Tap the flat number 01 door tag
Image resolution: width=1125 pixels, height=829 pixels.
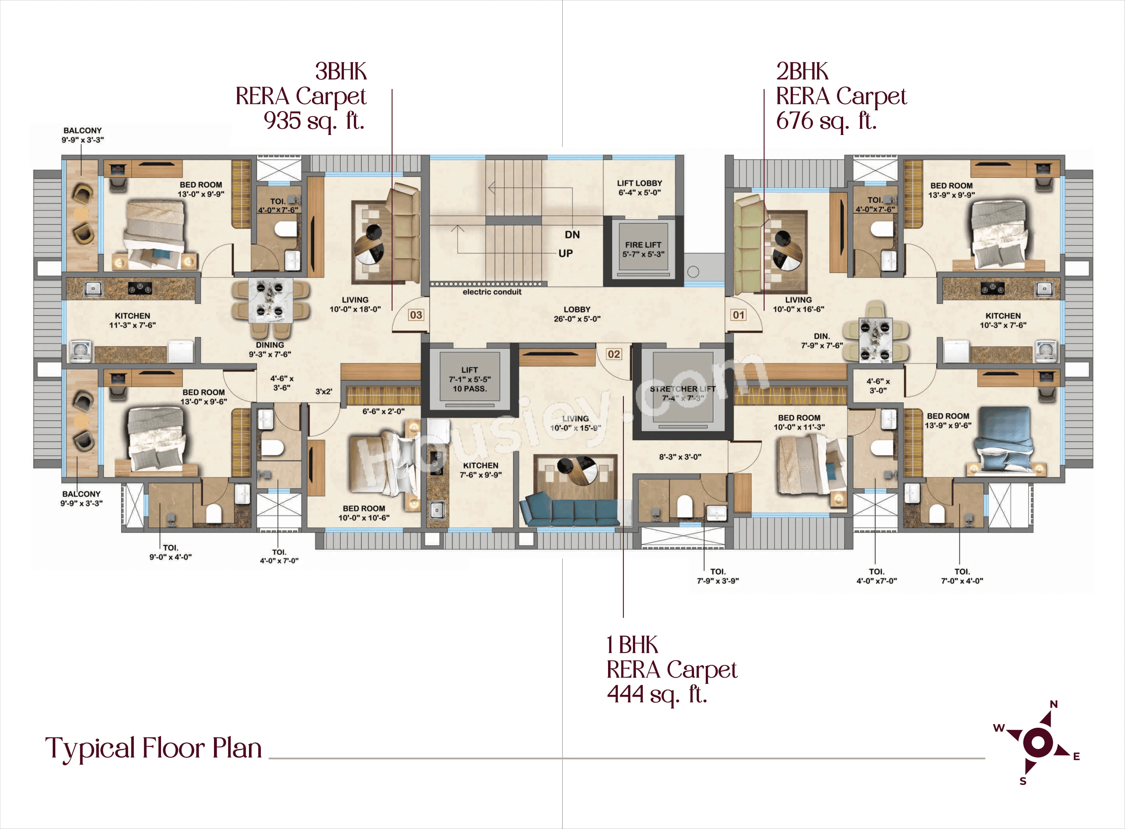click(738, 315)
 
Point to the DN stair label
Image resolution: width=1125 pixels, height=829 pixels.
click(572, 235)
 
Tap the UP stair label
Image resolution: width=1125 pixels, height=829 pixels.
click(565, 253)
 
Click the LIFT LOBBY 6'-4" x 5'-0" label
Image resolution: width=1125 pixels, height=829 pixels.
click(639, 188)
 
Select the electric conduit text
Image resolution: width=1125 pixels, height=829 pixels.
click(492, 292)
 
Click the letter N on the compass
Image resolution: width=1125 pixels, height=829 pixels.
click(1054, 705)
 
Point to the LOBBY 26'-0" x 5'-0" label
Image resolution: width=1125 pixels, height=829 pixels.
click(577, 314)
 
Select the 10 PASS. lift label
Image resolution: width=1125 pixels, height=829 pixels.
click(470, 388)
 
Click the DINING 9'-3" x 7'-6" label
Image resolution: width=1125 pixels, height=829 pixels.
click(270, 349)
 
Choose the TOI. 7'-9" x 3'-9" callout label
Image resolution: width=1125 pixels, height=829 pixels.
click(718, 576)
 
